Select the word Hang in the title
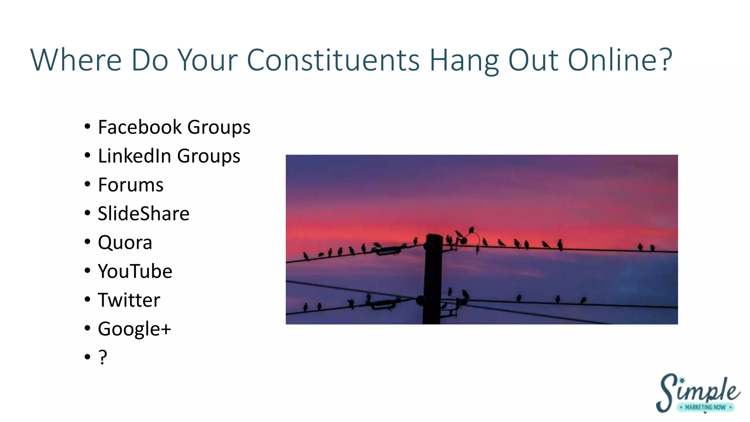tap(464, 60)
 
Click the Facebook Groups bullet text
tap(174, 127)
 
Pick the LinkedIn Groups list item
tap(169, 156)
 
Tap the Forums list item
tap(130, 185)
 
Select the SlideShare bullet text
tap(144, 214)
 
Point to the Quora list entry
tap(125, 243)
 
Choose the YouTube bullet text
tap(135, 271)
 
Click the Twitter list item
tap(129, 300)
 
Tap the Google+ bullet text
tap(134, 329)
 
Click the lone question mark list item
tap(103, 357)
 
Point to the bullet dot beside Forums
tap(87, 184)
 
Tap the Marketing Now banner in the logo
tap(705, 407)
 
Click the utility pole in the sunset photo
tap(433, 278)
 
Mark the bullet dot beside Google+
tap(87, 328)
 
